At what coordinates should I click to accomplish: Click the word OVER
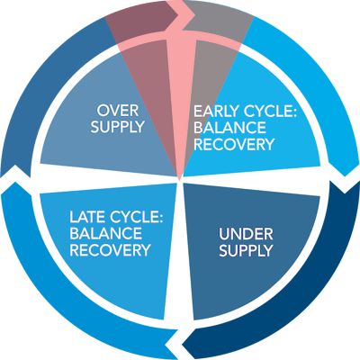[119, 111]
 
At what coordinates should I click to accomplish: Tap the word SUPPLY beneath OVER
[119, 127]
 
